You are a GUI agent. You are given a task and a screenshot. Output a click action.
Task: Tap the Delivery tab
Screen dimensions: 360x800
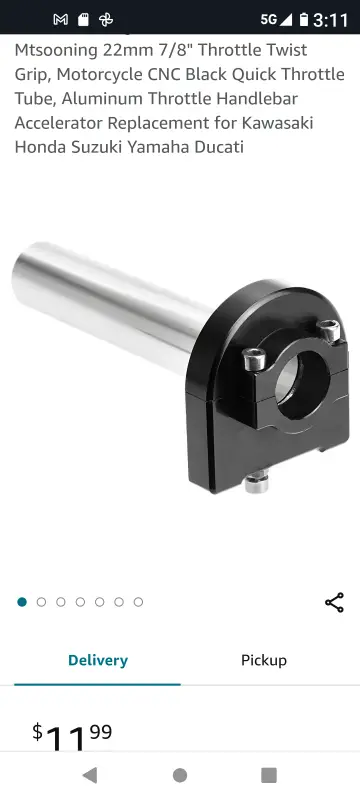[97, 660]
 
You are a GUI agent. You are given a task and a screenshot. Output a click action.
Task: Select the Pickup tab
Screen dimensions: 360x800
[264, 660]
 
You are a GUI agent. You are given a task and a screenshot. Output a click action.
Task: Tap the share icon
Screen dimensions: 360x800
[334, 603]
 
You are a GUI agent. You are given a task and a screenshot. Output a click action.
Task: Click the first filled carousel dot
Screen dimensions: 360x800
[22, 602]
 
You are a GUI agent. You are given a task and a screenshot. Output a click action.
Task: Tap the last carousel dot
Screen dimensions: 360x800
[138, 602]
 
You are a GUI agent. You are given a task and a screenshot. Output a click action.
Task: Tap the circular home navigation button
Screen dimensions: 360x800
[179, 776]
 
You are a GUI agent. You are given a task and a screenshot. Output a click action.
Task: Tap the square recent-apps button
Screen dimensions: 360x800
[269, 776]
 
